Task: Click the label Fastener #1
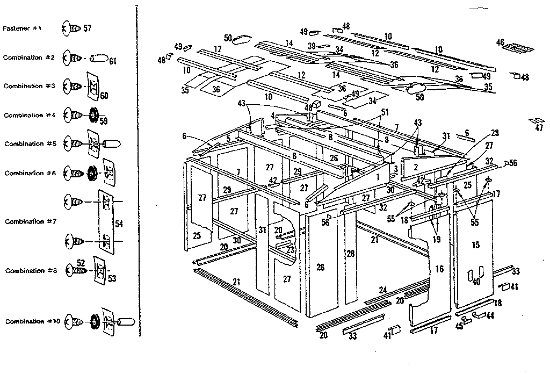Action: click(23, 28)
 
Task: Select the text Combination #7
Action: click(24, 221)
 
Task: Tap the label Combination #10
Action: click(25, 321)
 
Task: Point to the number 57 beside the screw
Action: click(88, 27)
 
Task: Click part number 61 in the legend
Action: click(113, 61)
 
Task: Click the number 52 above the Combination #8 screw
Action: click(81, 262)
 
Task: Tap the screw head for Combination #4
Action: click(70, 114)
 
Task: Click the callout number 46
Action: click(501, 42)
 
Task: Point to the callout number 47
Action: click(539, 127)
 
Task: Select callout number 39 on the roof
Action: click(312, 46)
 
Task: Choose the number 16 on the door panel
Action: click(439, 269)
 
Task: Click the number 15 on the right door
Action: click(475, 245)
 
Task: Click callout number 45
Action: click(459, 325)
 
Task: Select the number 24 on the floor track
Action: click(382, 290)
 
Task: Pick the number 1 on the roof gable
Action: click(378, 176)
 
